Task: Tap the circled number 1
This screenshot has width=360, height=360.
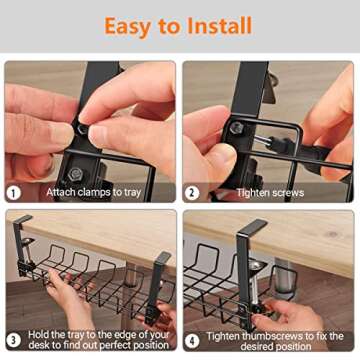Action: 14,191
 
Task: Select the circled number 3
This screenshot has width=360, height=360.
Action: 14,338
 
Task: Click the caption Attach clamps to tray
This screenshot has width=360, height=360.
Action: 93,191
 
